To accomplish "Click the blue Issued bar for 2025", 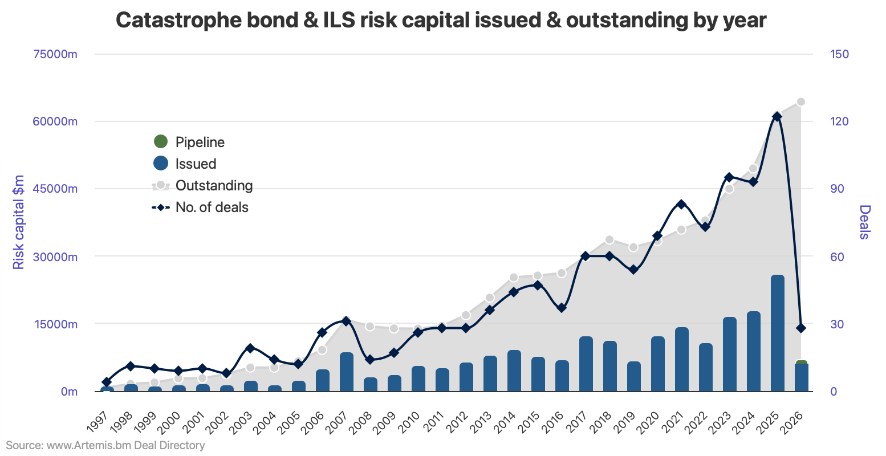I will point(777,333).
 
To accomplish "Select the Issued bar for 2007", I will point(346,372).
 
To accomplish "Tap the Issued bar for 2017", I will point(586,364).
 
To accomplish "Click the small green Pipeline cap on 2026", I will point(801,363).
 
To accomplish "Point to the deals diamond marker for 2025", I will point(777,116).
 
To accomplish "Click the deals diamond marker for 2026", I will point(800,328).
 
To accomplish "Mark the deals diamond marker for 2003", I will point(250,348).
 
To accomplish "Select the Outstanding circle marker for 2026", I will point(800,102).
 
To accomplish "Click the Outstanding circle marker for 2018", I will point(609,239).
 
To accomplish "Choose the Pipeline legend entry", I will point(200,142).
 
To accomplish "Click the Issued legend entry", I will point(196,164).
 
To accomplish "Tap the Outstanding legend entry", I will point(214,185).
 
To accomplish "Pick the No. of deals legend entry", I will point(212,207).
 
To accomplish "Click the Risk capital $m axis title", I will point(19,223).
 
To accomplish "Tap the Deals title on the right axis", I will point(864,222).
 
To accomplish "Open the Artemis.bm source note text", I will point(105,445).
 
